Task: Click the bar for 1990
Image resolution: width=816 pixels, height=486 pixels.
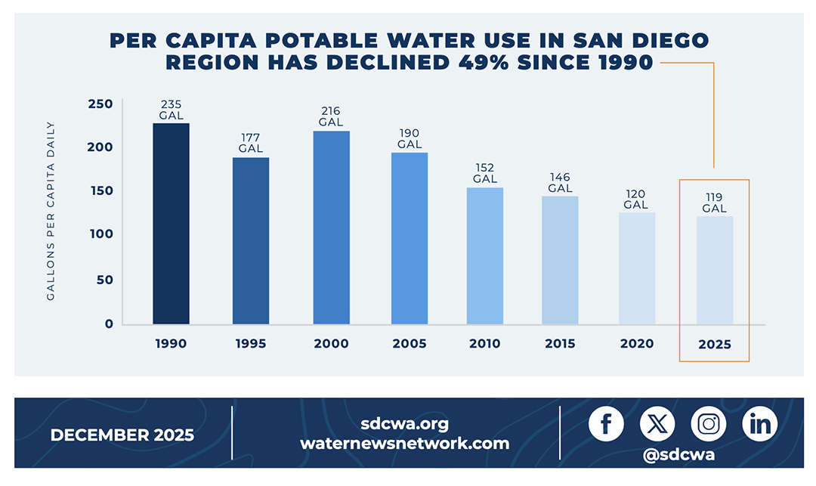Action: pos(171,224)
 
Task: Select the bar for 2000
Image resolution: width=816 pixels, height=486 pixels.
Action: pos(331,228)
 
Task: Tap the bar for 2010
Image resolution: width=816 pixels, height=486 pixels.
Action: pos(484,256)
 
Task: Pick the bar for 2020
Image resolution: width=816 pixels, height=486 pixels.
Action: pos(637,268)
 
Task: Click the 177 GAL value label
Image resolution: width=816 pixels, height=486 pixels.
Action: pos(250,143)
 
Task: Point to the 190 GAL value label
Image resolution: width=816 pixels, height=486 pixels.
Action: pos(410,138)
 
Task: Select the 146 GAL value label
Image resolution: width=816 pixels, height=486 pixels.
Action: pos(560,182)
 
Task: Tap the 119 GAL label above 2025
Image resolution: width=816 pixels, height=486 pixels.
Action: pos(714,203)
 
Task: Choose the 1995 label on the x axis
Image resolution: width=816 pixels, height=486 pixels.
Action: pos(250,344)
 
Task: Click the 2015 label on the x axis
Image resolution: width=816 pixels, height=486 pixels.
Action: pos(560,344)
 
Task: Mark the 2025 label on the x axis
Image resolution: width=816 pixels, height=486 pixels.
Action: pos(714,344)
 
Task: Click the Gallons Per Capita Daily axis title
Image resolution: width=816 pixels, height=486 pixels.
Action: pos(51,211)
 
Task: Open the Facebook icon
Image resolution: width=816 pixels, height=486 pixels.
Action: pos(606,424)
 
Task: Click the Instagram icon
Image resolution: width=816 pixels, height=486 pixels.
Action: pos(708,424)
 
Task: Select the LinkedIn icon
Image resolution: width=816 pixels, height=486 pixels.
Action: pos(759,424)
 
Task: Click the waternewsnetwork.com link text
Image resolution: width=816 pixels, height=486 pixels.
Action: pos(404,444)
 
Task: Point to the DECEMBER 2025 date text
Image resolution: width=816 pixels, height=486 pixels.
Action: pos(122,435)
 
